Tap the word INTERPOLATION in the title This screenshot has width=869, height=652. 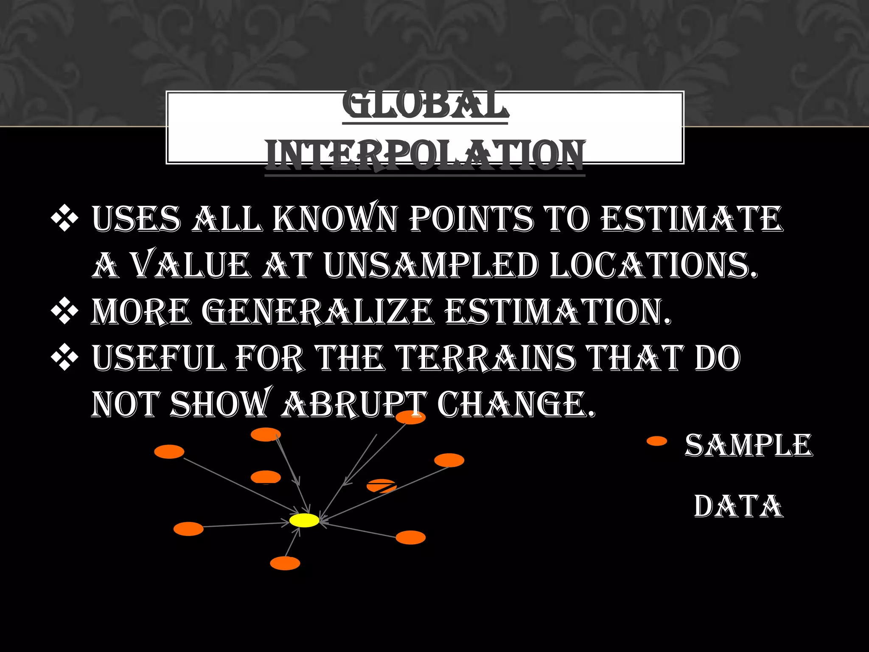[425, 155]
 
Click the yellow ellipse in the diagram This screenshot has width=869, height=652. [304, 520]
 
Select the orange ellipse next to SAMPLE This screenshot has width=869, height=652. [657, 441]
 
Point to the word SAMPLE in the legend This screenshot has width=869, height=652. [748, 445]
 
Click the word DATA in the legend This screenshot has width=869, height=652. [739, 506]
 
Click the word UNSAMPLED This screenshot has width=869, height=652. [431, 265]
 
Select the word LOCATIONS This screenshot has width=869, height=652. [653, 265]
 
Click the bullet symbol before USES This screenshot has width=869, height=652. [64, 219]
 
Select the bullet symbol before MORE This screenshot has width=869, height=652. [64, 311]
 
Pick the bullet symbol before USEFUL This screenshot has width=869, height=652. [64, 357]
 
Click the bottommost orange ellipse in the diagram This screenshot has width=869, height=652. [285, 563]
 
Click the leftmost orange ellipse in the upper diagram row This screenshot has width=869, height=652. [169, 452]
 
